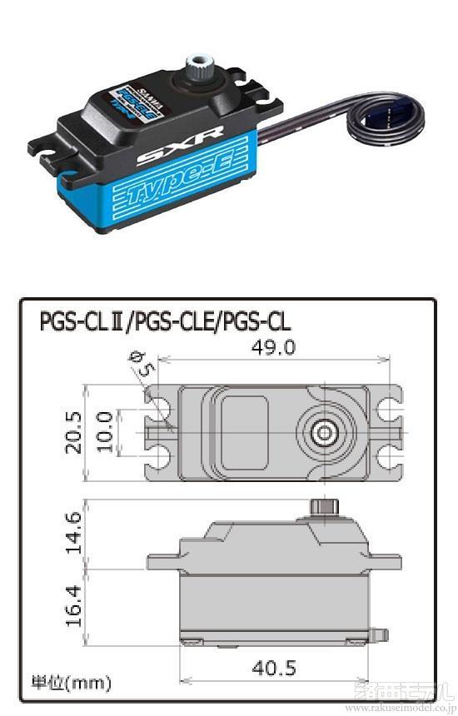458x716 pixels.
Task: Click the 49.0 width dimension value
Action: click(274, 347)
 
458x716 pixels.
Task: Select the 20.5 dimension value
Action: click(76, 431)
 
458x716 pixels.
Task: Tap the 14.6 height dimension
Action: click(74, 534)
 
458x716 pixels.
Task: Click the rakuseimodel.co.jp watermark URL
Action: click(399, 708)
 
